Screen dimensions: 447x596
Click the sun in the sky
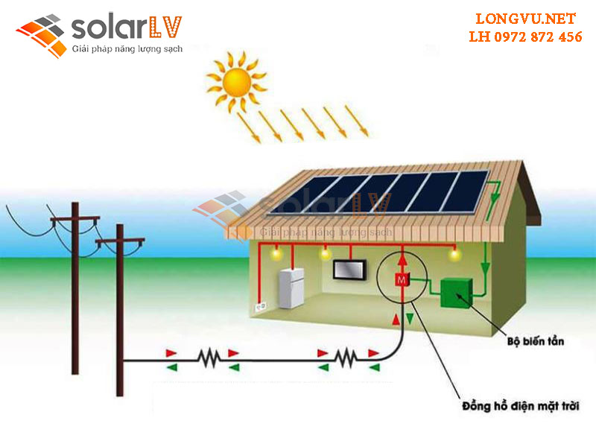235,77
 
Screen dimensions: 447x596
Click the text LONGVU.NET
525,19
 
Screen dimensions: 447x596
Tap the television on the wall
349,270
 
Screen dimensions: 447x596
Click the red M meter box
402,279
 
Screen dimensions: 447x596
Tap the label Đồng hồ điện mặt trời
521,406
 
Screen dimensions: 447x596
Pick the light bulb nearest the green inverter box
454,256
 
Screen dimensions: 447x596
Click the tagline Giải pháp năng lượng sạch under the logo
127,49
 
